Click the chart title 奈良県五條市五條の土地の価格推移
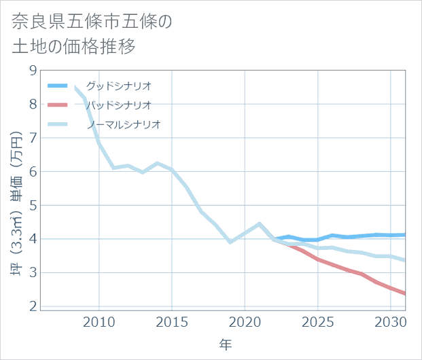point(92,34)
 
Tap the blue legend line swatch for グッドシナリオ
point(58,86)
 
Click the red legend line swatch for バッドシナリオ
point(58,105)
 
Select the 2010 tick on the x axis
point(99,321)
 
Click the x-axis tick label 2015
point(172,321)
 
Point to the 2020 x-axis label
point(245,321)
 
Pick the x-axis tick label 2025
point(318,321)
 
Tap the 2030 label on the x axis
point(391,321)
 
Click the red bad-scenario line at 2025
point(318,259)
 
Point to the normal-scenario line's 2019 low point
point(230,242)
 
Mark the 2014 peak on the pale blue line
point(158,163)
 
